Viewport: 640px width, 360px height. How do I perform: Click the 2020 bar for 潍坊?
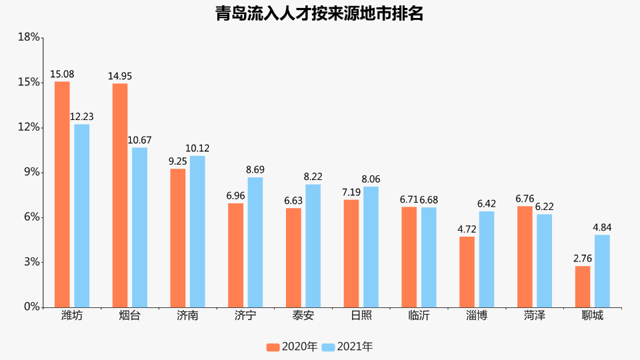[62, 194]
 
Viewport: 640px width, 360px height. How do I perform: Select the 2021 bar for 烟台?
[139, 227]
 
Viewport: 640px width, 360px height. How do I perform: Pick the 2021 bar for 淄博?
[487, 259]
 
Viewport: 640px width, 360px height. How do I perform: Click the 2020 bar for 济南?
[178, 238]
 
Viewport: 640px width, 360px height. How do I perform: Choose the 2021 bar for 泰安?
[313, 246]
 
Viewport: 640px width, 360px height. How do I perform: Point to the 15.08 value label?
[61, 74]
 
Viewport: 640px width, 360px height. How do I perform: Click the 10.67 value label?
[139, 140]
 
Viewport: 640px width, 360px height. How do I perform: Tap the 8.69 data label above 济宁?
[255, 170]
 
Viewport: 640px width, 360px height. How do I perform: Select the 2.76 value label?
[583, 259]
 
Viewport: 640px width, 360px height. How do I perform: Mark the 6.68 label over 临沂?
[428, 200]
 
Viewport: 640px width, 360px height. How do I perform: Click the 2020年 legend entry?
[292, 347]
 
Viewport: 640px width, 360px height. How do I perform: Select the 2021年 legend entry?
[347, 347]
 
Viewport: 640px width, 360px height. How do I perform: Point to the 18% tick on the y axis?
[29, 37]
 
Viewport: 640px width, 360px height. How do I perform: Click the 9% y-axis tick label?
[31, 173]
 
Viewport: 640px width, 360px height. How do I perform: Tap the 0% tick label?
[31, 307]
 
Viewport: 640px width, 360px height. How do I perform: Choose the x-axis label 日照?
[361, 316]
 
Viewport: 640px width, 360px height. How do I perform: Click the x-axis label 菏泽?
[535, 316]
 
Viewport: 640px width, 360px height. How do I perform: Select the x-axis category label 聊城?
[593, 316]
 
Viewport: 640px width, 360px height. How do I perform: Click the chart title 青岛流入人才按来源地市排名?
[319, 13]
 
